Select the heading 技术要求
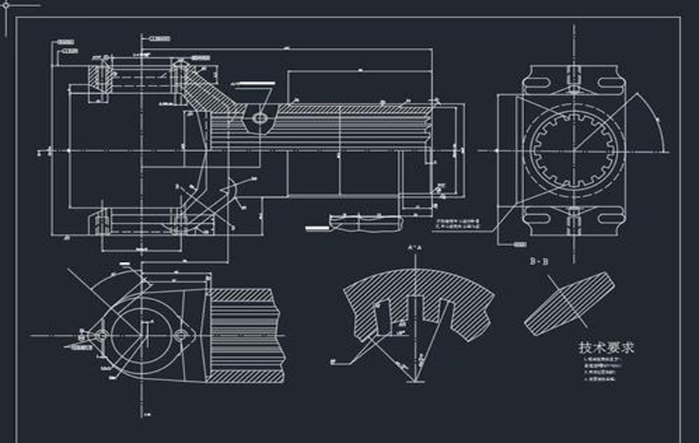pyautogui.click(x=606, y=347)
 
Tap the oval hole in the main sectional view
pyautogui.click(x=260, y=118)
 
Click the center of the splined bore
pyautogui.click(x=573, y=150)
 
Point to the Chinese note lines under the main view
pyautogui.click(x=460, y=226)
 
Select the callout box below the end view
pyautogui.click(x=519, y=245)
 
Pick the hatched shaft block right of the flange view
pyautogui.click(x=243, y=334)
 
